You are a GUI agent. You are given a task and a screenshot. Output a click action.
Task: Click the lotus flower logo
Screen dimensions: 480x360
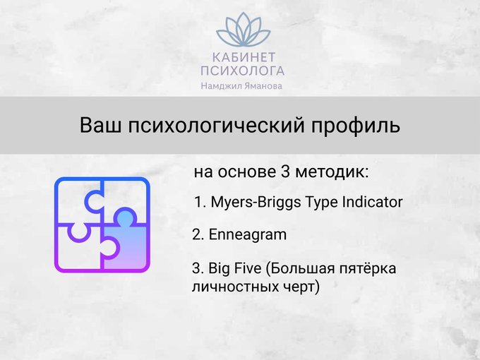click(244, 30)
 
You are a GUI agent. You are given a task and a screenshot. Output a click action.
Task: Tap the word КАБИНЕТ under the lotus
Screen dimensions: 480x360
click(244, 57)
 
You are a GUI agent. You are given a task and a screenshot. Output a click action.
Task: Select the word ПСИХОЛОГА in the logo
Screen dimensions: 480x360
click(243, 71)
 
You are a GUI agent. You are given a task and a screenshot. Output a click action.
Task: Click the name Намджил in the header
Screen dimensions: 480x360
click(217, 86)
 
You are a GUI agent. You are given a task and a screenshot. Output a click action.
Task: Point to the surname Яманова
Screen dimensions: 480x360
click(258, 86)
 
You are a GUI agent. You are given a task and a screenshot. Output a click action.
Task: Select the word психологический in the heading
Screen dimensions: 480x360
click(217, 126)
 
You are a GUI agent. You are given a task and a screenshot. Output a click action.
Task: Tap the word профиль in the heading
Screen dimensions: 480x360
click(356, 126)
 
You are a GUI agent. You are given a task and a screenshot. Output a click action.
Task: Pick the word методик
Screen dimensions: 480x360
click(332, 172)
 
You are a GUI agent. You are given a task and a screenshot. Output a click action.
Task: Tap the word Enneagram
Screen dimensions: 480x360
click(247, 235)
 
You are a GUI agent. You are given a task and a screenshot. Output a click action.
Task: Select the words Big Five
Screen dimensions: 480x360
click(235, 268)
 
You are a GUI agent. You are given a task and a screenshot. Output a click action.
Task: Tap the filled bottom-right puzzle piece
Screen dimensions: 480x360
click(126, 242)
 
